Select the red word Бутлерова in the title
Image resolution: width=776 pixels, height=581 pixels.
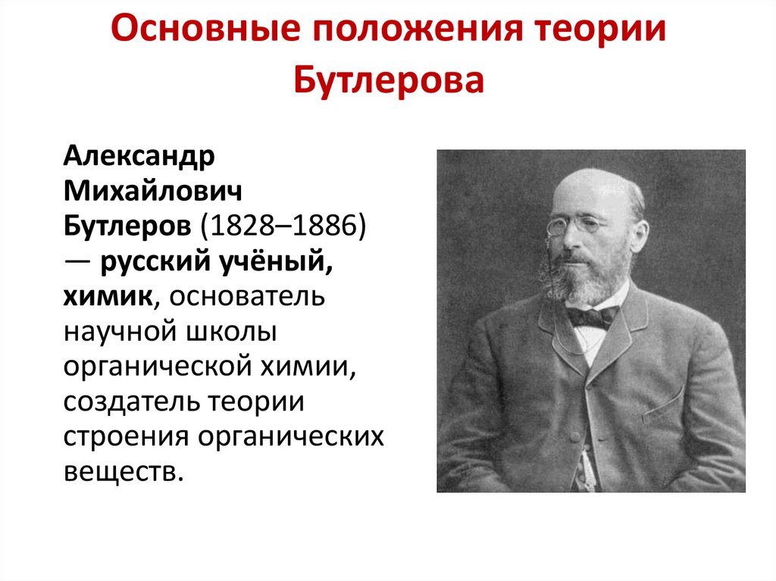(x=388, y=80)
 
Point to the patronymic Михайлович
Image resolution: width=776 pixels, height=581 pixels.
(x=153, y=192)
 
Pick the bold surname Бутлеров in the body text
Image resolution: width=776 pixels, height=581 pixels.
(x=128, y=226)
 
